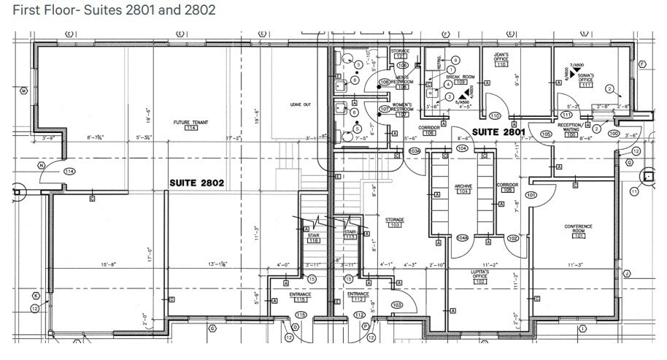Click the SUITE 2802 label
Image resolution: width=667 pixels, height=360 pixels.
coord(196,182)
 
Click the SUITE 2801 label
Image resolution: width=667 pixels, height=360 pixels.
coord(498,132)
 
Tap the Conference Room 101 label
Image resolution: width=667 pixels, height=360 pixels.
coord(578,231)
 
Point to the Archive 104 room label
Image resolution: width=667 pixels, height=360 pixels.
coord(463,189)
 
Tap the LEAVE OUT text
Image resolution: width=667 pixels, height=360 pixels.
coord(301,105)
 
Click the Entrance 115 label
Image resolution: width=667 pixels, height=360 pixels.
coord(300,296)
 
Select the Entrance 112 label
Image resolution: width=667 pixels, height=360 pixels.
coord(358,296)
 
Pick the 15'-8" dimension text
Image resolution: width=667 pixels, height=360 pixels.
coord(108,264)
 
